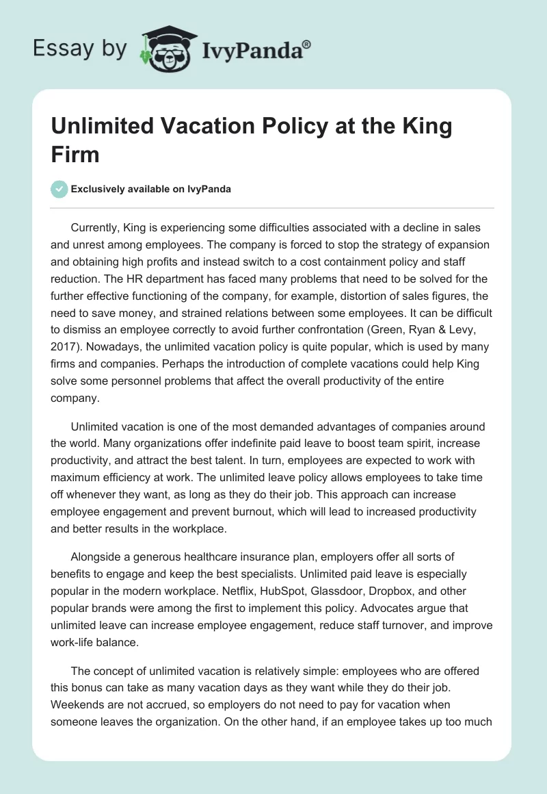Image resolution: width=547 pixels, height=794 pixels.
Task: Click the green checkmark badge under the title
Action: (60, 189)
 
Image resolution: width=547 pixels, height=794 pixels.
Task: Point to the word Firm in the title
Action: (76, 155)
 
